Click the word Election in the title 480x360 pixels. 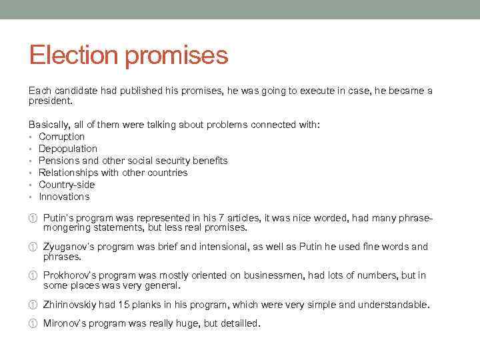click(73, 55)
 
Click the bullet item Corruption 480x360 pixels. click(61, 137)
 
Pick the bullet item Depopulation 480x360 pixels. click(68, 149)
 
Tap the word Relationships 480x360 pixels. click(69, 173)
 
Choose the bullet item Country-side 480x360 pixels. click(67, 185)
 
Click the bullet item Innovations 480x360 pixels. click(64, 197)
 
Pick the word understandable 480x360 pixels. click(393, 305)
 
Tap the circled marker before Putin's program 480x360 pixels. click(32, 218)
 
